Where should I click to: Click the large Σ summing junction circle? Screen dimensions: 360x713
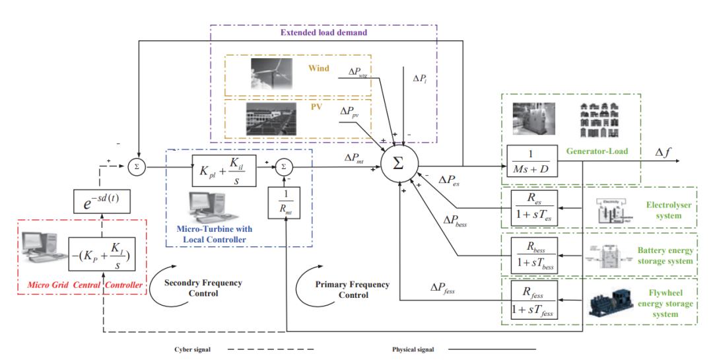pyautogui.click(x=398, y=163)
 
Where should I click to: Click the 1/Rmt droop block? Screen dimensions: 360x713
pyautogui.click(x=285, y=201)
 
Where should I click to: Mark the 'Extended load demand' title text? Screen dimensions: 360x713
pyautogui.click(x=323, y=32)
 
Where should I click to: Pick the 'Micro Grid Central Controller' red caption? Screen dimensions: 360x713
pyautogui.click(x=85, y=285)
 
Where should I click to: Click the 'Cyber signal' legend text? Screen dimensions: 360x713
pyautogui.click(x=193, y=349)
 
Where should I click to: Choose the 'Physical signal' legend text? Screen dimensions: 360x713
pyautogui.click(x=413, y=349)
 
